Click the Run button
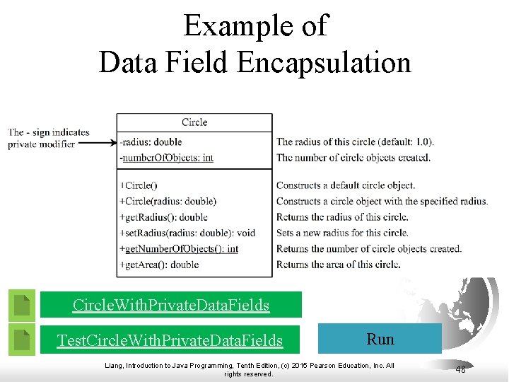coord(380,339)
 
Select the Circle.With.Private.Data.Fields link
coord(171,305)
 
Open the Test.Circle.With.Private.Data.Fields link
coord(170,340)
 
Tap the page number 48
coord(460,369)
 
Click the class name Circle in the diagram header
coord(194,122)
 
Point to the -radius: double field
coord(151,142)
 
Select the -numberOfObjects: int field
coord(167,158)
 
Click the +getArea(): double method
coord(159,265)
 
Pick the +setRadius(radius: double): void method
coord(187,233)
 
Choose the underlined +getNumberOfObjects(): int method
coord(179,248)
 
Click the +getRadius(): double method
coord(164,217)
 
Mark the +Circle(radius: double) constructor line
coord(168,201)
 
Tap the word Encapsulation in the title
coord(324,62)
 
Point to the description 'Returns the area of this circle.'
coord(339,265)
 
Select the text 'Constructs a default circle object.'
coord(346,185)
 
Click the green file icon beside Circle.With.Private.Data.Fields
coord(23,305)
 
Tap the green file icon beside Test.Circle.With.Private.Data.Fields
coord(23,340)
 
